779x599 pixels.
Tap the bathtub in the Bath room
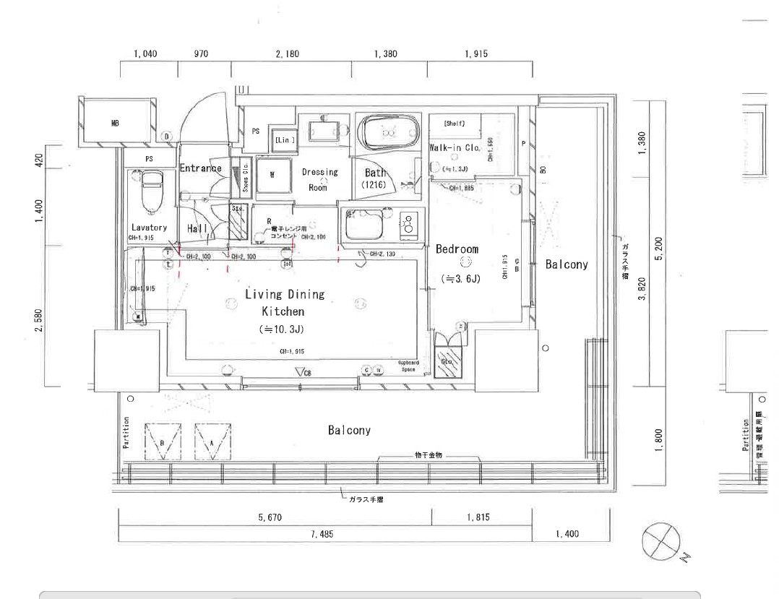(x=389, y=132)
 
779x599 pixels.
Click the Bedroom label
(x=457, y=249)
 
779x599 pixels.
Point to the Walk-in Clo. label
(x=455, y=147)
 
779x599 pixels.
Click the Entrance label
(x=200, y=168)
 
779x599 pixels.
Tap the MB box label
(x=115, y=124)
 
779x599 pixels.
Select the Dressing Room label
(x=319, y=180)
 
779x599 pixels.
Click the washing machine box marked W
(x=272, y=175)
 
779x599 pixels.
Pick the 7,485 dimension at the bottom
(x=324, y=535)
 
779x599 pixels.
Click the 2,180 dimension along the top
(x=290, y=54)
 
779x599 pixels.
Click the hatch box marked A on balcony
(x=212, y=441)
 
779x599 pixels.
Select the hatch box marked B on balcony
(x=163, y=441)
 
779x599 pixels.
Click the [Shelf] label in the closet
(x=455, y=124)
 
